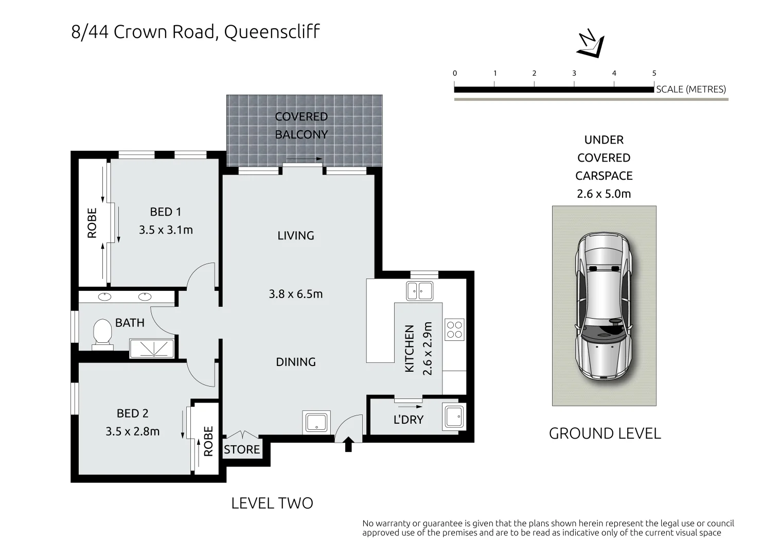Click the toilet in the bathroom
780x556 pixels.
[x=103, y=333]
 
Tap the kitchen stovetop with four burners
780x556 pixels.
[x=454, y=329]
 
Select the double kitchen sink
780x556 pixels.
[x=419, y=291]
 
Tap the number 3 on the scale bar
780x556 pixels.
[x=574, y=73]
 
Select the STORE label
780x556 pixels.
[x=242, y=450]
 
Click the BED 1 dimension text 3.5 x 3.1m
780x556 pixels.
[x=166, y=230]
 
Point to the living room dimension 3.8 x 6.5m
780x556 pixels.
[x=295, y=294]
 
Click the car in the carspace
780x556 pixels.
[x=604, y=306]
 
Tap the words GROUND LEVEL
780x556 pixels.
[x=605, y=433]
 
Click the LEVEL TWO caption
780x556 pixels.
[x=272, y=503]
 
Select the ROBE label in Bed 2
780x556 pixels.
[x=208, y=441]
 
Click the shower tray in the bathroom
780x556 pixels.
[x=152, y=349]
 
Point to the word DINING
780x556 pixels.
[x=295, y=362]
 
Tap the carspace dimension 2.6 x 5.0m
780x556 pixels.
[x=604, y=194]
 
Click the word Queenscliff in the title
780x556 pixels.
[x=272, y=32]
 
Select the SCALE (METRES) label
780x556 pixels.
[x=691, y=89]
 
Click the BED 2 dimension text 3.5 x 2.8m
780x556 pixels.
[x=133, y=431]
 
